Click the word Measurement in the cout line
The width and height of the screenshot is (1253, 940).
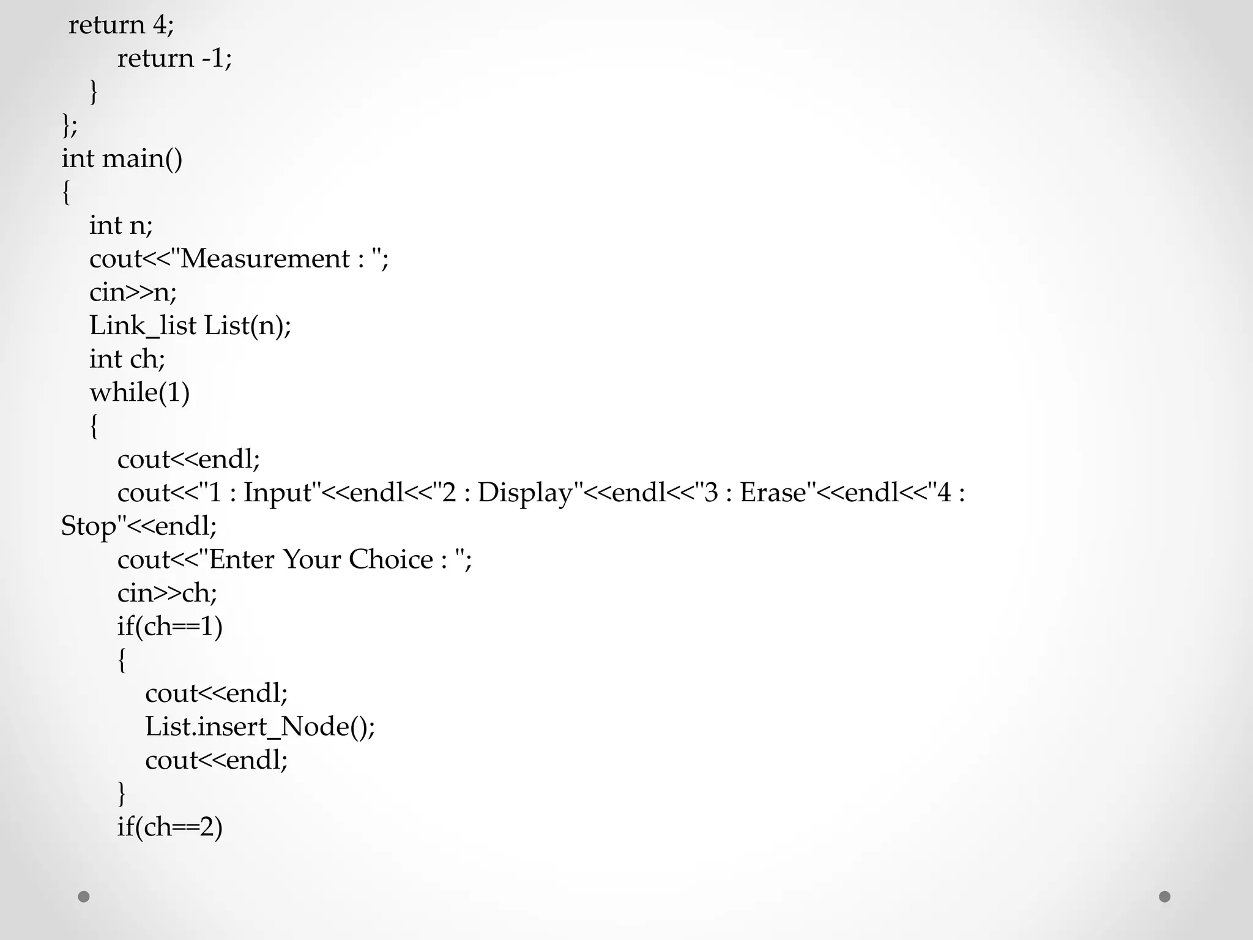coord(264,259)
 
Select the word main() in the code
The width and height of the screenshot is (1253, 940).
coord(142,159)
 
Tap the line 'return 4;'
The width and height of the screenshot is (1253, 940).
coord(121,25)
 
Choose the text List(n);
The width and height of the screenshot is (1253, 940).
coord(248,326)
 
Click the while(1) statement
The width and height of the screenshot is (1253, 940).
coord(139,392)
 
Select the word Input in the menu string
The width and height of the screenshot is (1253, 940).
coord(278,493)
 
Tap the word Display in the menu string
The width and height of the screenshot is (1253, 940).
coord(525,493)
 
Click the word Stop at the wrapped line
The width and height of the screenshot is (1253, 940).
coord(88,526)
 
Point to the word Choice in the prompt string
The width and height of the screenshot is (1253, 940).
coord(390,559)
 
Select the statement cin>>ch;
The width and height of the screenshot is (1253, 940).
coord(167,593)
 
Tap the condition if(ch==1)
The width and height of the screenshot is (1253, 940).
coord(169,626)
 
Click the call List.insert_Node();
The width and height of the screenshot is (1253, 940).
coord(260,726)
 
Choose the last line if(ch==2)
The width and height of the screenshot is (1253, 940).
coord(169,827)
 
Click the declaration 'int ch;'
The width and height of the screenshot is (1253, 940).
coord(127,359)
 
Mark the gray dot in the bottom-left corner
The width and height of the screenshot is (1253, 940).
coord(84,897)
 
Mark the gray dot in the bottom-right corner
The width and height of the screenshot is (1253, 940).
coord(1165,897)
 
